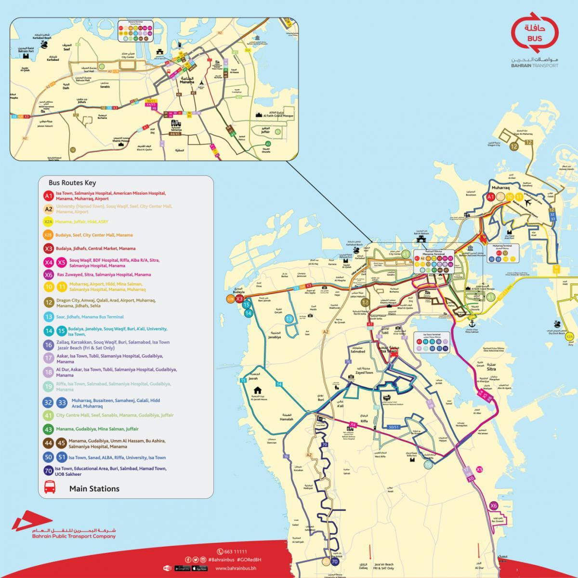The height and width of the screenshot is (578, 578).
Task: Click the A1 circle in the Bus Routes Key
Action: pyautogui.click(x=48, y=196)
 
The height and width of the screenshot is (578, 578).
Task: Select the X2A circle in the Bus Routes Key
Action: pyautogui.click(x=48, y=222)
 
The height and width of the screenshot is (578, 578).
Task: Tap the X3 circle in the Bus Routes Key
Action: pyautogui.click(x=48, y=249)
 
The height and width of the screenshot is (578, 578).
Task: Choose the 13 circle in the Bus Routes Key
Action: pyautogui.click(x=48, y=317)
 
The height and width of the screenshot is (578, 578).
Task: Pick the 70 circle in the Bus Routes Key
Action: pyautogui.click(x=48, y=471)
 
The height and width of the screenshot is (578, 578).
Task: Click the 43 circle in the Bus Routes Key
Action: pyautogui.click(x=48, y=429)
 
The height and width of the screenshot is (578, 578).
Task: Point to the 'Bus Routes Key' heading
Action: pyautogui.click(x=72, y=183)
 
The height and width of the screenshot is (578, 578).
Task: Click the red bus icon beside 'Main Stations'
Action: pyautogui.click(x=50, y=488)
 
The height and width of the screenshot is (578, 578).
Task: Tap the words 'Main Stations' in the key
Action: pyautogui.click(x=94, y=488)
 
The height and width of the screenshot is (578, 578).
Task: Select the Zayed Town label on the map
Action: pyautogui.click(x=364, y=372)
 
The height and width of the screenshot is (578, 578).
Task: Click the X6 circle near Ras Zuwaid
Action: pyautogui.click(x=493, y=506)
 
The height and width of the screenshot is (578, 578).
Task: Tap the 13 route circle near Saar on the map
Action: pyautogui.click(x=289, y=319)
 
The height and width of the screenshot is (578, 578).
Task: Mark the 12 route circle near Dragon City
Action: pyautogui.click(x=514, y=147)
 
